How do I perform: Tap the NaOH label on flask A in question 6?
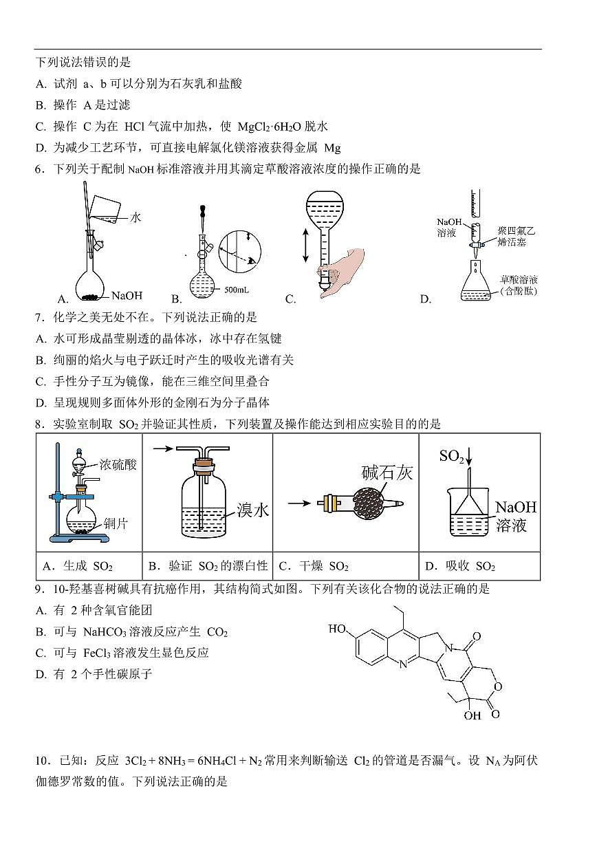[127, 296]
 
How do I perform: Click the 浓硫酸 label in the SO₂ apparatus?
[118, 464]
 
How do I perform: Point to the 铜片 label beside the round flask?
[116, 523]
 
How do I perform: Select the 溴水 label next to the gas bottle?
[252, 510]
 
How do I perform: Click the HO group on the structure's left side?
[337, 628]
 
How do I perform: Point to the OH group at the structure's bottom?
[472, 715]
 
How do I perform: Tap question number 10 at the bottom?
[43, 761]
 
